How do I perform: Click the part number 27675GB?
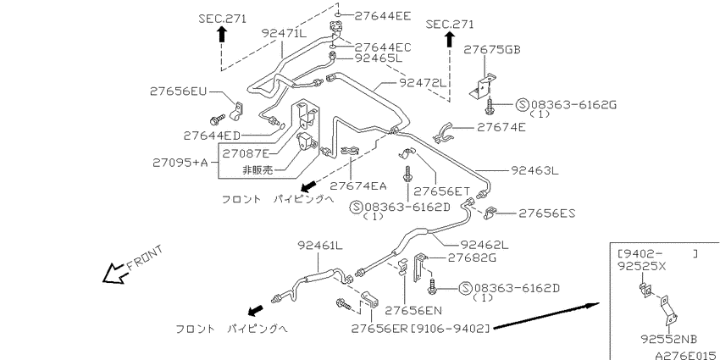492,50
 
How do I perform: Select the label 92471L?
284,33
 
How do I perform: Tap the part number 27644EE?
383,16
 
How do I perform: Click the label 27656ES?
547,213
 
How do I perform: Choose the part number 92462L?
485,245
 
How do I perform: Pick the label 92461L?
320,245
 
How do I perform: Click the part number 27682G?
472,258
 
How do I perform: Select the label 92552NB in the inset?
669,340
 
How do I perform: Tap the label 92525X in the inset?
641,266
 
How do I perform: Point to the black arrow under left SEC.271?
222,34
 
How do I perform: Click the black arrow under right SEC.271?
449,40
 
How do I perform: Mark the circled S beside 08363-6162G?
522,105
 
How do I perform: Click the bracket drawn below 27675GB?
483,86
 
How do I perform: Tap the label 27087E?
246,153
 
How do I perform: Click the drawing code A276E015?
687,355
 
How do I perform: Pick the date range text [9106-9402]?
449,328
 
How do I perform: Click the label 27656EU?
178,91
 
